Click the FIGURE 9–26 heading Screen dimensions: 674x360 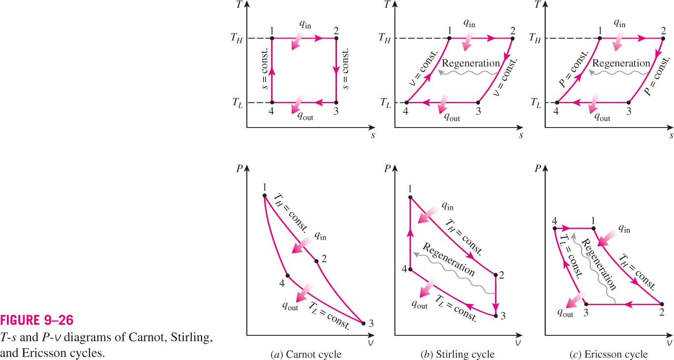pos(37,320)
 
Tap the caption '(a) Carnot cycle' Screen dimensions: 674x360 pos(306,354)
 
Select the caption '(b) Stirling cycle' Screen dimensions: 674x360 pos(457,354)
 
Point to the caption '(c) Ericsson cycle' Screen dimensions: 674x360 pos(608,354)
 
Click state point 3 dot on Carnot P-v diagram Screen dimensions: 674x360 pos(363,324)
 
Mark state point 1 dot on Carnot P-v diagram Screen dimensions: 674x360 pos(265,196)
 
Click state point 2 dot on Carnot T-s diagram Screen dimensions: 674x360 pos(336,38)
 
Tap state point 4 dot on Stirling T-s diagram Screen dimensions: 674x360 pos(406,102)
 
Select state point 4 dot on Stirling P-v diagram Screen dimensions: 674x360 pos(410,269)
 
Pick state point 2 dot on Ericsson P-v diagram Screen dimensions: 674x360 pos(662,304)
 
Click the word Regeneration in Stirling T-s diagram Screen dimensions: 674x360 pos(471,64)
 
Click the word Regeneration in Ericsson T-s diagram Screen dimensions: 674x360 pos(621,64)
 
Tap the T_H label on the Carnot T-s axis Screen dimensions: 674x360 pos(236,38)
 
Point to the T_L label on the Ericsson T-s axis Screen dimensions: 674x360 pos(536,103)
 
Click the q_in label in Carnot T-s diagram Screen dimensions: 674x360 pos(305,24)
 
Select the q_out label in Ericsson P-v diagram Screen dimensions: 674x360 pos(565,313)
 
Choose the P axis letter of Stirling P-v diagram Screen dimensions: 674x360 pos(387,168)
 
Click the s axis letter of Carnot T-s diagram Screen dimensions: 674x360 pos(373,135)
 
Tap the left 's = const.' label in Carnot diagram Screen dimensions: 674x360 pos(264,69)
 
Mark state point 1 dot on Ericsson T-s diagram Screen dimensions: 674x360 pos(600,38)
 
